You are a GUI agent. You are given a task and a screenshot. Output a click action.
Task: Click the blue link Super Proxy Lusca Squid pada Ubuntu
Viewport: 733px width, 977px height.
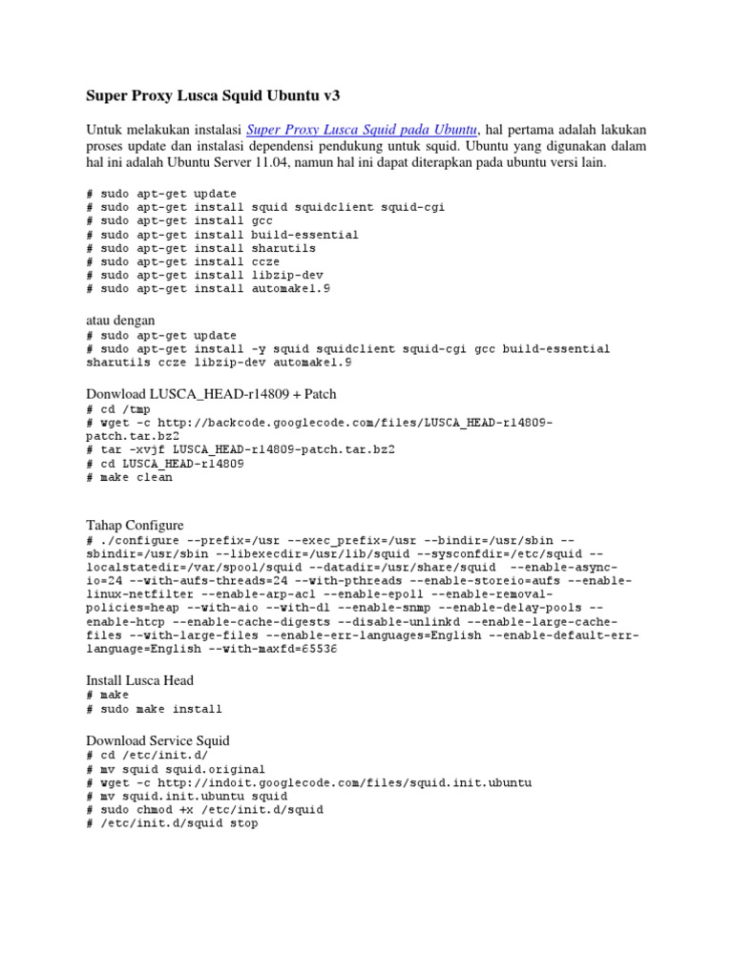(x=362, y=129)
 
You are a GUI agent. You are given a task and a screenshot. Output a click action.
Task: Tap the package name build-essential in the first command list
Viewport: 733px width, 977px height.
(x=304, y=234)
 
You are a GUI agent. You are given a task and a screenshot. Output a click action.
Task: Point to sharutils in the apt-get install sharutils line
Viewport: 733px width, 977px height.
(x=284, y=247)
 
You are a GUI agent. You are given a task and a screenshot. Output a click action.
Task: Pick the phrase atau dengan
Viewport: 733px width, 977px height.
(x=120, y=319)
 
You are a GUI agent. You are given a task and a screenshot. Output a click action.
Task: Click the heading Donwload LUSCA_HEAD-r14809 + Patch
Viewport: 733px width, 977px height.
(x=211, y=393)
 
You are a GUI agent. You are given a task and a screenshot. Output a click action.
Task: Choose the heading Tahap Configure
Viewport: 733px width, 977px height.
(x=135, y=525)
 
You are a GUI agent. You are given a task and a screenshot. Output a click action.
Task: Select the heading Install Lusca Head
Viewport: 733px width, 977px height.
(x=139, y=680)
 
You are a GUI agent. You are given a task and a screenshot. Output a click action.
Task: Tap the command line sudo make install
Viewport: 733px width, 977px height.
(x=154, y=709)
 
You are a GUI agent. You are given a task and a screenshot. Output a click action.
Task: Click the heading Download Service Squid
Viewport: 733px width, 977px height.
(x=157, y=739)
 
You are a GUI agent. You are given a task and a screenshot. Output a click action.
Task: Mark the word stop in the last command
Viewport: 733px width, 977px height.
(x=241, y=822)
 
